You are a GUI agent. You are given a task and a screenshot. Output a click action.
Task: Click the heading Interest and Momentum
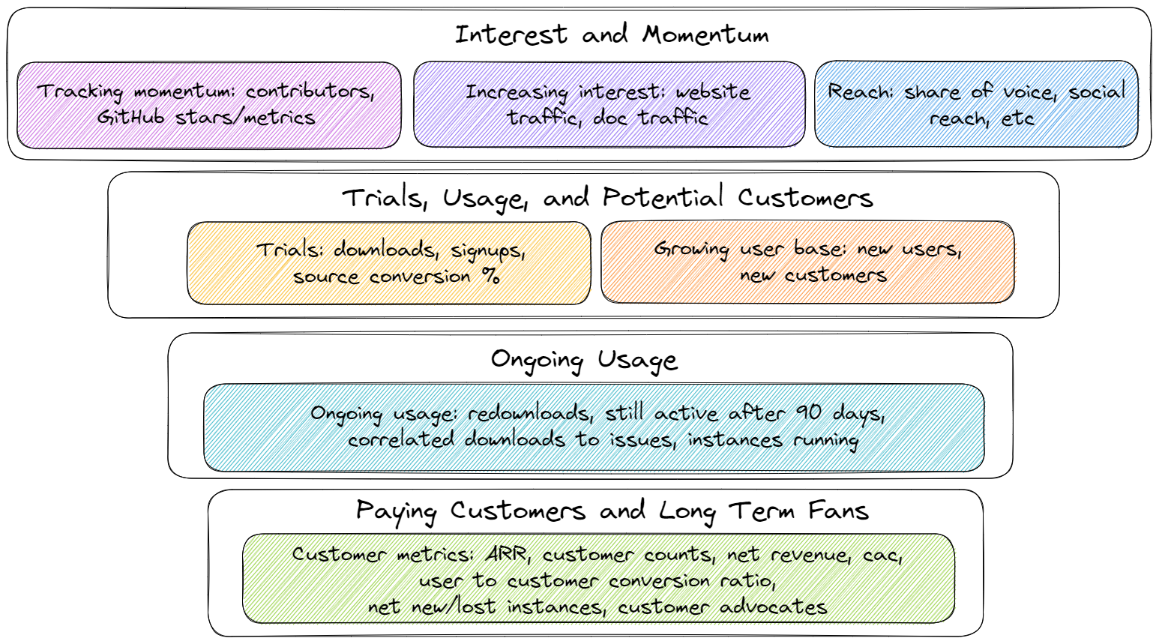point(611,34)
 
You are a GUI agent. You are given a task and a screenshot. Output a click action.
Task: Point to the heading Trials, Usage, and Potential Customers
point(607,198)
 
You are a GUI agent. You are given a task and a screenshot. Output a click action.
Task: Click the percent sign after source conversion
point(490,276)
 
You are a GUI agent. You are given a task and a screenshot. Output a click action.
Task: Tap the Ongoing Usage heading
point(584,360)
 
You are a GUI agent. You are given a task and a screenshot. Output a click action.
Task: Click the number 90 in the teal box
point(808,412)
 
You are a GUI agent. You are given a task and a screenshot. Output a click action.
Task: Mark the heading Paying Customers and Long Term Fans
point(612,511)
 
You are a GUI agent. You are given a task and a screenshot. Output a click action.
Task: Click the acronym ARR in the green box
point(506,555)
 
